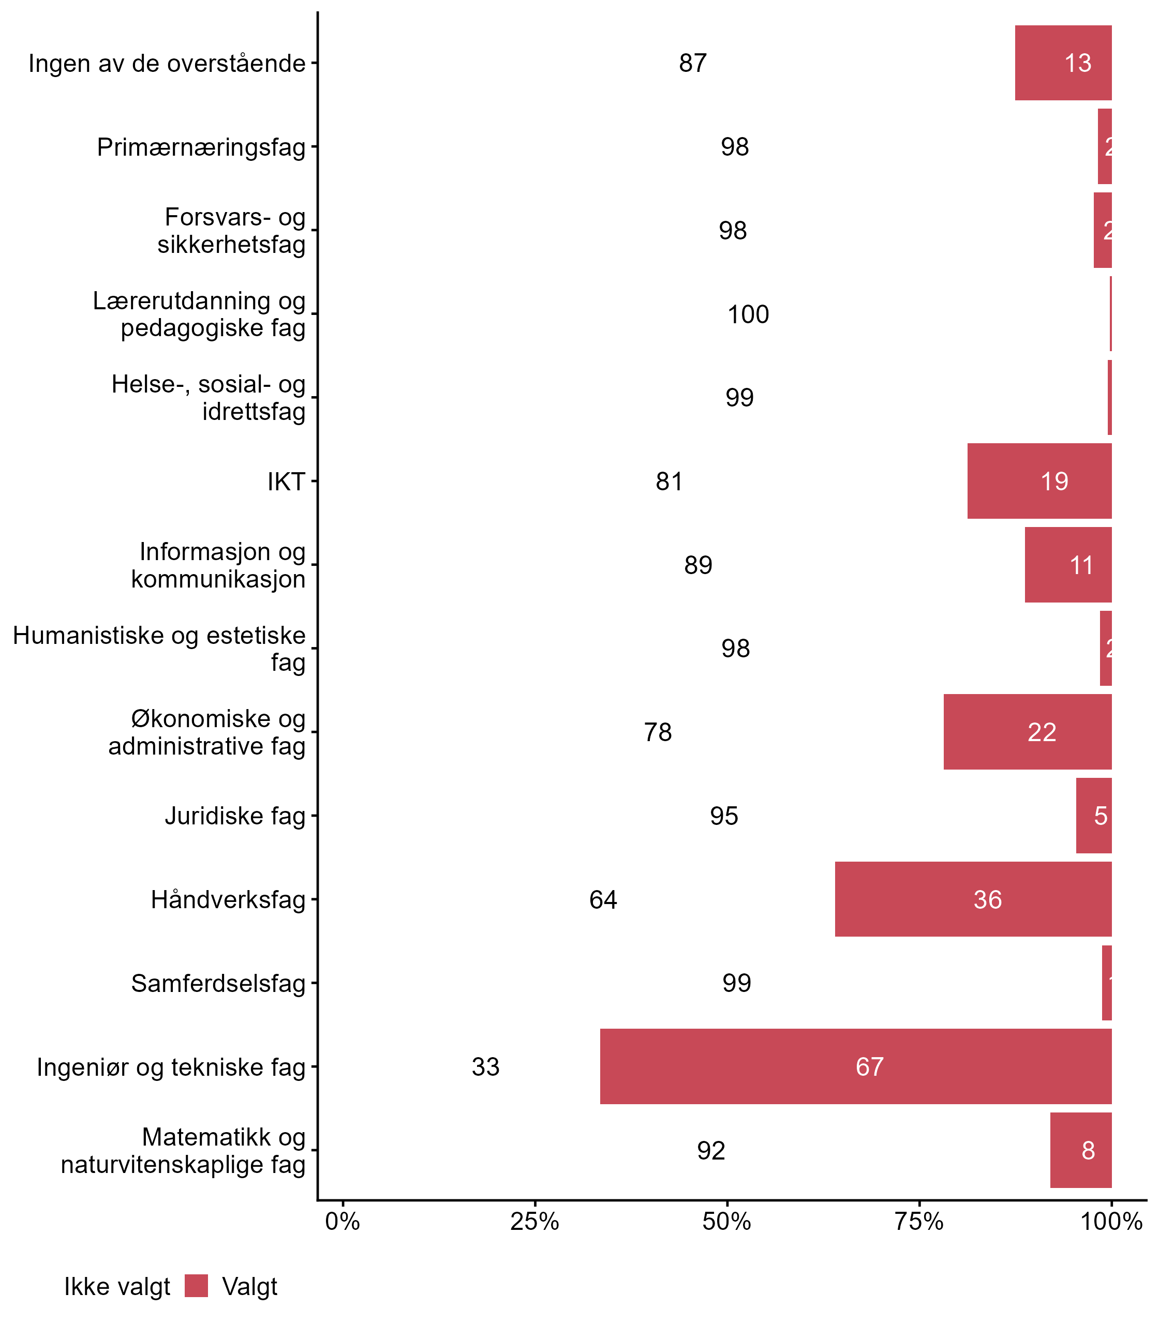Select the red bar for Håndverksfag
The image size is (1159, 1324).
click(973, 899)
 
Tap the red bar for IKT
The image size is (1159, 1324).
click(1039, 481)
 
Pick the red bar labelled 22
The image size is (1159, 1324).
click(1027, 732)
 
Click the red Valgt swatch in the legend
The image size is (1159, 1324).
click(196, 1286)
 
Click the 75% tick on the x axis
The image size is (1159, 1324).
click(918, 1221)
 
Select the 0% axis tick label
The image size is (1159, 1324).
click(342, 1221)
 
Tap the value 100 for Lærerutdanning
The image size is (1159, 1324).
click(748, 314)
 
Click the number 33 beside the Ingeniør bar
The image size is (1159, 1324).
click(485, 1066)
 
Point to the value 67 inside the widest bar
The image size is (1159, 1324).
click(869, 1066)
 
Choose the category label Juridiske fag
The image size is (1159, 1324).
click(235, 816)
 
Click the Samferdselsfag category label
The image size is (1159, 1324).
click(218, 983)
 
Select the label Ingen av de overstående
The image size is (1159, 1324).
click(167, 63)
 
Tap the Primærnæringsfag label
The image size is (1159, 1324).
click(201, 147)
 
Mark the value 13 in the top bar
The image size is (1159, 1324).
click(1077, 63)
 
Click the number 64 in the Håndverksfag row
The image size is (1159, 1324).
click(603, 899)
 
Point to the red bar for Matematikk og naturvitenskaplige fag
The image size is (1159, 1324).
click(1080, 1150)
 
